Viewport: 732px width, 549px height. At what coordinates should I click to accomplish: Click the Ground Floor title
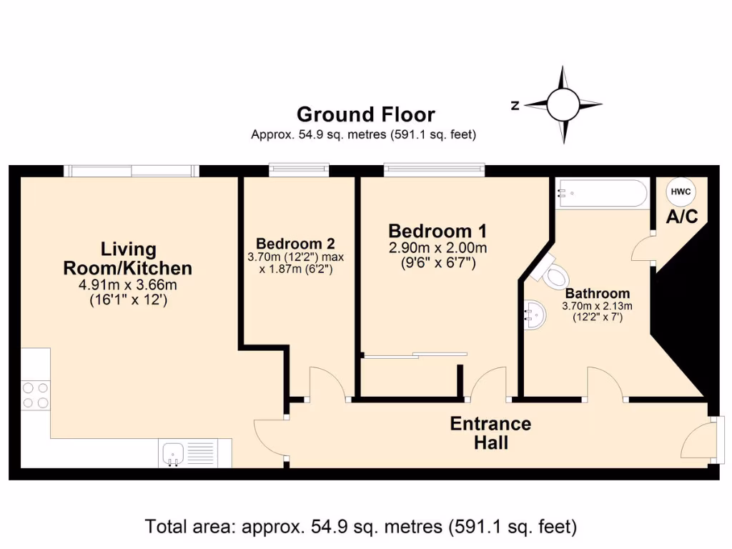pos(365,114)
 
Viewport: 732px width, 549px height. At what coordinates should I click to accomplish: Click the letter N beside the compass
pos(515,106)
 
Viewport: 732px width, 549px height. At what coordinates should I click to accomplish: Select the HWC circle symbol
pos(679,192)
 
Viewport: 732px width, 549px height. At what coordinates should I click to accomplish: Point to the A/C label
pos(681,217)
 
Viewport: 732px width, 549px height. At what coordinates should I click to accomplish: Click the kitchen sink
pos(174,453)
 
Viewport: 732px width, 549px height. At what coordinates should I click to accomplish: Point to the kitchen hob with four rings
pos(36,395)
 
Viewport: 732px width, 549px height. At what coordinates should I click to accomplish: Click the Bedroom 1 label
pos(437,232)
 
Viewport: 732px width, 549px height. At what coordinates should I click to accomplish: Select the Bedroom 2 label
pos(295,243)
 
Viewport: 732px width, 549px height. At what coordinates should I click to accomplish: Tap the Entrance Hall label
pos(490,433)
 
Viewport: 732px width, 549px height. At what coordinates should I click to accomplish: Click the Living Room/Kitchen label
pos(128,259)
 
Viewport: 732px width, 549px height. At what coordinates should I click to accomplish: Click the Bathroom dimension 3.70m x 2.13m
pos(598,307)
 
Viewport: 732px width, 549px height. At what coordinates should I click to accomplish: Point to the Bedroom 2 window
pos(300,170)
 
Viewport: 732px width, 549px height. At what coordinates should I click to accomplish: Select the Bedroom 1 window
pos(435,170)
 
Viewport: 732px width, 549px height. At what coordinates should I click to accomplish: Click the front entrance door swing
pos(698,440)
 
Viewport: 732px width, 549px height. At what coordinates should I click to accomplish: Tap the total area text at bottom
pos(361,528)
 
